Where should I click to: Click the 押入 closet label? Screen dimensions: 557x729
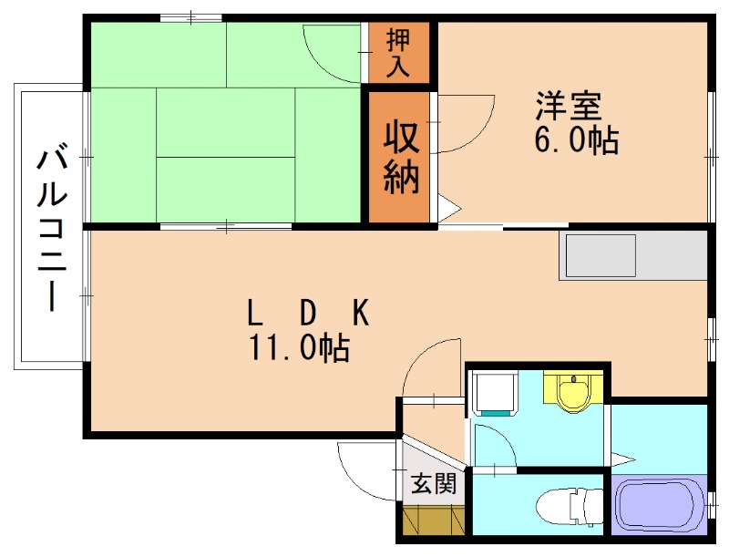pyautogui.click(x=399, y=52)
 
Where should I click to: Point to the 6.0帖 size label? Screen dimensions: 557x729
pyautogui.click(x=576, y=140)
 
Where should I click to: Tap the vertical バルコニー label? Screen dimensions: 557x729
pyautogui.click(x=50, y=228)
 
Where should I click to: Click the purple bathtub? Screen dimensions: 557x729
pyautogui.click(x=657, y=507)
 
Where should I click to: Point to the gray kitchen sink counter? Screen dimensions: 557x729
pyautogui.click(x=634, y=255)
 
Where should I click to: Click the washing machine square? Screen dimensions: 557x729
pyautogui.click(x=492, y=393)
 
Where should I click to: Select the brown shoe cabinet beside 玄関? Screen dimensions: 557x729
pyautogui.click(x=433, y=521)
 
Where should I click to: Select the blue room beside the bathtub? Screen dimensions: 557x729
pyautogui.click(x=656, y=437)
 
